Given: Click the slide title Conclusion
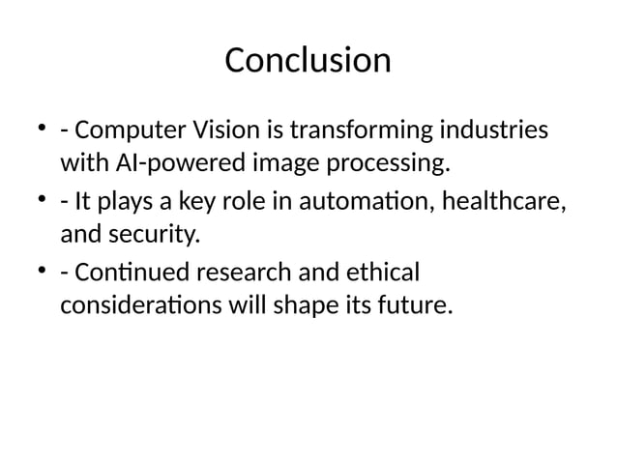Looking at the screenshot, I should coord(308,61).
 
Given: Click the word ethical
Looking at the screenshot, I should coord(387,271).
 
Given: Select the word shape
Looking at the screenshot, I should coord(320,306).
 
